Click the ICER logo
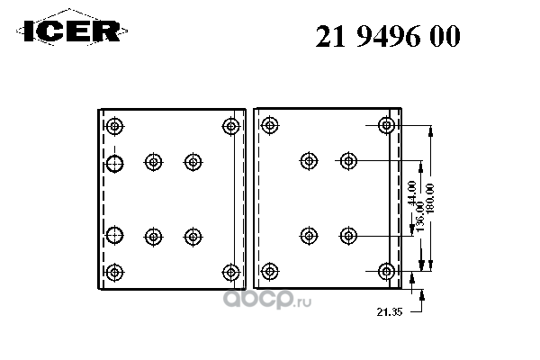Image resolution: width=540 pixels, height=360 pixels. coord(72,31)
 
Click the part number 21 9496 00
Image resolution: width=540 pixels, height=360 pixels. coord(388,36)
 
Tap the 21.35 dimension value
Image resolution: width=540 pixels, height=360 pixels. coord(390,312)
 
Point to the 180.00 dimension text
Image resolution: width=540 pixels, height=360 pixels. coord(430,199)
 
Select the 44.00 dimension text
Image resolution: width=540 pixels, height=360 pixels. coord(412,193)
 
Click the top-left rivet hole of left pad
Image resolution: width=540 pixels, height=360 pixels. coord(114,126)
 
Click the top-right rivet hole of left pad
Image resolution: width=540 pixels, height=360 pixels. coord(231,126)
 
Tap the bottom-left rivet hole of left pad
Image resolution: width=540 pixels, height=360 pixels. coord(114,273)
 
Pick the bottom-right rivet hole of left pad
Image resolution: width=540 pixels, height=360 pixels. coord(231,273)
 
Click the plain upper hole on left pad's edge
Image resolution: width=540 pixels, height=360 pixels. coord(114,163)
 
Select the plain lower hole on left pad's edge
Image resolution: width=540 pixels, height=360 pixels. coord(114,235)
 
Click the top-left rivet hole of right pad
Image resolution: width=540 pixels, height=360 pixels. coord(270,125)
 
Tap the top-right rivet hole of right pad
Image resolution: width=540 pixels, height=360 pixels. coord(386,125)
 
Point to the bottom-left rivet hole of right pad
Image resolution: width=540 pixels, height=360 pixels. coord(270,271)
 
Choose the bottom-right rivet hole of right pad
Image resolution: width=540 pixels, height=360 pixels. coord(386,271)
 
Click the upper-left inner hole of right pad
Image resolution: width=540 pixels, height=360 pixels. coord(309,160)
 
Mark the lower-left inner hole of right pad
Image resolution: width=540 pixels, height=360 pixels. coord(309,236)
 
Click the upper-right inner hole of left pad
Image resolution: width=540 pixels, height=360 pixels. coord(193,162)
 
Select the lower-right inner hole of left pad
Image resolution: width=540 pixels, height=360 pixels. coord(193,237)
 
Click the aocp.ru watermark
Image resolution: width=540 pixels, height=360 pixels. coord(267,300)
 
